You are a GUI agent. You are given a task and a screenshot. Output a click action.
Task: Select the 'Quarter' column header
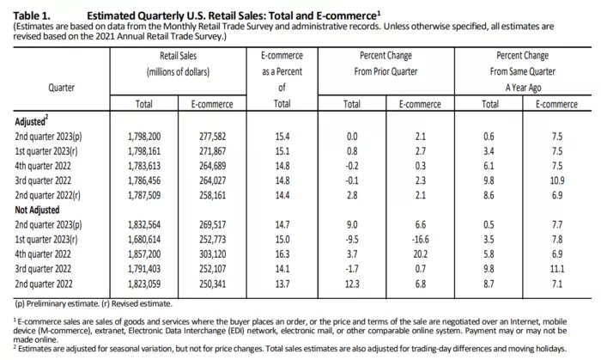[x=60, y=87]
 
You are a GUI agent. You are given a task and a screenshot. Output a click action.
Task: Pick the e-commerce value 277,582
[x=209, y=137]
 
